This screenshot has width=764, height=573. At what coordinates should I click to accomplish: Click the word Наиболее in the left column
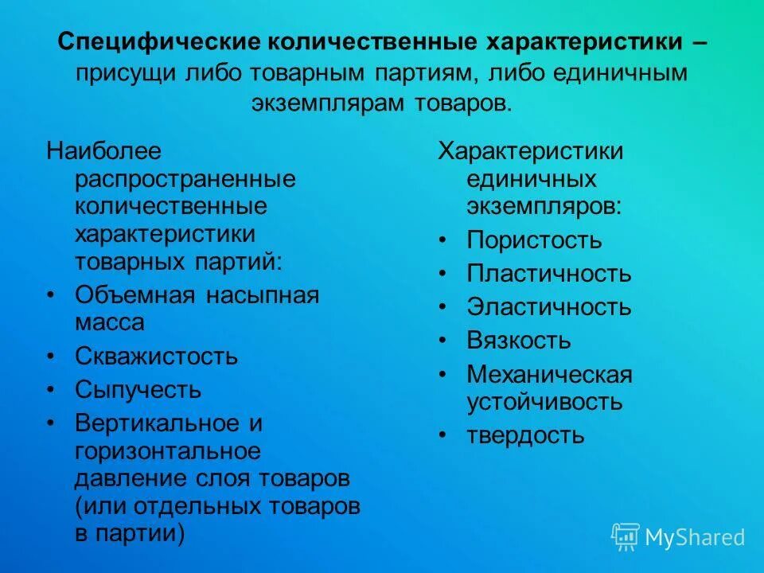point(92,150)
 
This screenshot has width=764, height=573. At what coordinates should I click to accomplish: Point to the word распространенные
point(185,179)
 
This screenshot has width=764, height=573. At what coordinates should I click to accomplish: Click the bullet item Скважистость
point(156,356)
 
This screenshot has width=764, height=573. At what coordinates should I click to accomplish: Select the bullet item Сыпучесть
point(138,390)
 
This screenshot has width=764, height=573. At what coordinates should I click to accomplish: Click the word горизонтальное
point(167,451)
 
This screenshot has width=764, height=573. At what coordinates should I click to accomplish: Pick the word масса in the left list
point(110,322)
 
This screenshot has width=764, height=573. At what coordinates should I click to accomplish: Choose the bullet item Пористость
point(534,240)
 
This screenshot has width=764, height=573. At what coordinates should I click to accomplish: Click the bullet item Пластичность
point(548,275)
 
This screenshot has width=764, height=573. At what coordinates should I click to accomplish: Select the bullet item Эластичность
point(548,307)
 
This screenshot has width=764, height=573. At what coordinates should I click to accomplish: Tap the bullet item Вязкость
point(518,341)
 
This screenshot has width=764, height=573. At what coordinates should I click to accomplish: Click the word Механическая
point(548,374)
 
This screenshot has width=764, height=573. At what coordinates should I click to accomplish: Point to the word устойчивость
point(544,402)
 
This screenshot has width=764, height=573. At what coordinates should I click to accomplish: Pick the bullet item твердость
point(525,435)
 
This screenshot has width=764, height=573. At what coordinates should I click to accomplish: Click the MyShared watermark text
point(695,537)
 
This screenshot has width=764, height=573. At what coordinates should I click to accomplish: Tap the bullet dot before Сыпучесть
point(52,391)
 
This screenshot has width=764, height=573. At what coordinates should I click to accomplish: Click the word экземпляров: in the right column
point(544,207)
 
